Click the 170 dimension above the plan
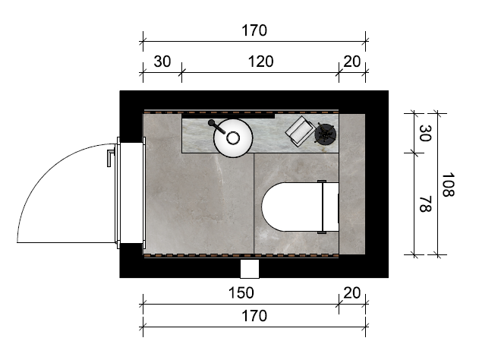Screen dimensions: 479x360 (254, 30)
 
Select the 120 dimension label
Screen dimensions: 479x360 (260, 62)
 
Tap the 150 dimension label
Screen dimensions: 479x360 (241, 292)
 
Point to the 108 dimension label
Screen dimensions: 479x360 (448, 185)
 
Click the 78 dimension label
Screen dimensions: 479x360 (425, 204)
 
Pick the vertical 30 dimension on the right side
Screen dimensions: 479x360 (425, 133)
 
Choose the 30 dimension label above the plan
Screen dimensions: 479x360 (162, 62)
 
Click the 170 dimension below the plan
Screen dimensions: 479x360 (254, 316)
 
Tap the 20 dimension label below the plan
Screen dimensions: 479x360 (352, 292)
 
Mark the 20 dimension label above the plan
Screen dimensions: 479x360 (352, 62)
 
